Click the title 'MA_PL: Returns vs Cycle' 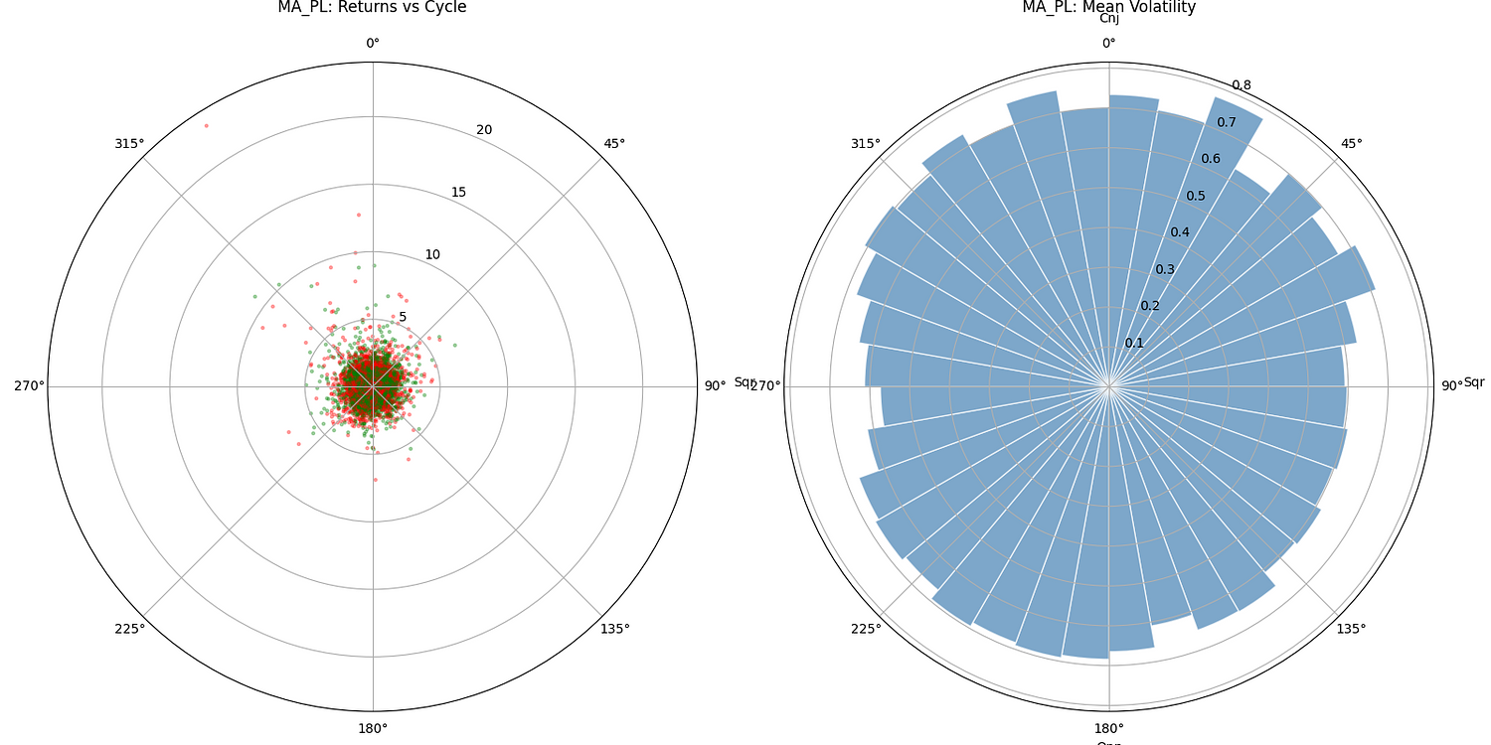click(x=372, y=8)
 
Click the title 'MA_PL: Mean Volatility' click(x=1108, y=7)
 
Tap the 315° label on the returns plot click(x=129, y=143)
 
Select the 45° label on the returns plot click(x=614, y=143)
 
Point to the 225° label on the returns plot click(x=129, y=629)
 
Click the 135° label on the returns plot click(x=615, y=629)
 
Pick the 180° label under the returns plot click(x=372, y=729)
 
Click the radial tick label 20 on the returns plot click(x=484, y=130)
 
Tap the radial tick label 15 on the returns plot click(x=458, y=193)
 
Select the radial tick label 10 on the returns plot click(x=432, y=255)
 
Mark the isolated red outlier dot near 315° click(x=206, y=125)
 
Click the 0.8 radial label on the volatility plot click(x=1242, y=85)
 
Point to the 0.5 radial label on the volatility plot click(x=1196, y=196)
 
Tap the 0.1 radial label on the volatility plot click(x=1134, y=344)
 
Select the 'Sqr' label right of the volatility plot click(x=1473, y=382)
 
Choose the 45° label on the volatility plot click(x=1351, y=143)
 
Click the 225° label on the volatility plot click(x=866, y=629)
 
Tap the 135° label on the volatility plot click(x=1351, y=629)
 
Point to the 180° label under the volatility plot click(x=1108, y=729)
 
